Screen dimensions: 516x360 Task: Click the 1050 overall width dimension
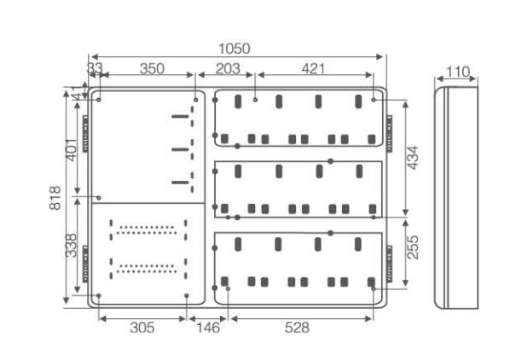[235, 49]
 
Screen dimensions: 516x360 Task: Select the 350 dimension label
[152, 69]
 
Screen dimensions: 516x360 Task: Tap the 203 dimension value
[228, 69]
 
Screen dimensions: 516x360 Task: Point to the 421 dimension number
[313, 69]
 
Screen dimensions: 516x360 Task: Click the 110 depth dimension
[457, 72]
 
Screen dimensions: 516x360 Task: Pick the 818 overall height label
[55, 198]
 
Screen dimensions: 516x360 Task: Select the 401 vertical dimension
[72, 150]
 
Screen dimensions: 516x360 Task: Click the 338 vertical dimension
[71, 246]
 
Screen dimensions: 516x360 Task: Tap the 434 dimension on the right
[413, 158]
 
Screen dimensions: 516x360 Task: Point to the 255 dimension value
[413, 247]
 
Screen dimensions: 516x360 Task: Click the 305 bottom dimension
[142, 328]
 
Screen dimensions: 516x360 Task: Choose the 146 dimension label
[208, 328]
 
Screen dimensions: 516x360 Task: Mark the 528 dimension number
[297, 328]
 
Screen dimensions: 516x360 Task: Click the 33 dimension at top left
[95, 69]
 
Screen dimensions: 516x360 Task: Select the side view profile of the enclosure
[456, 198]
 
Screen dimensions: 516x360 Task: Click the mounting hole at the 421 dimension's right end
[374, 100]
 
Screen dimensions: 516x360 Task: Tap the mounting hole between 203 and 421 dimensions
[255, 100]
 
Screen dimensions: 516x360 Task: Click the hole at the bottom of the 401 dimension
[98, 198]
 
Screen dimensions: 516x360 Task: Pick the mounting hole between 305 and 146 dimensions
[187, 295]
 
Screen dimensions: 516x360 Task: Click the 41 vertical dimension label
[77, 95]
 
